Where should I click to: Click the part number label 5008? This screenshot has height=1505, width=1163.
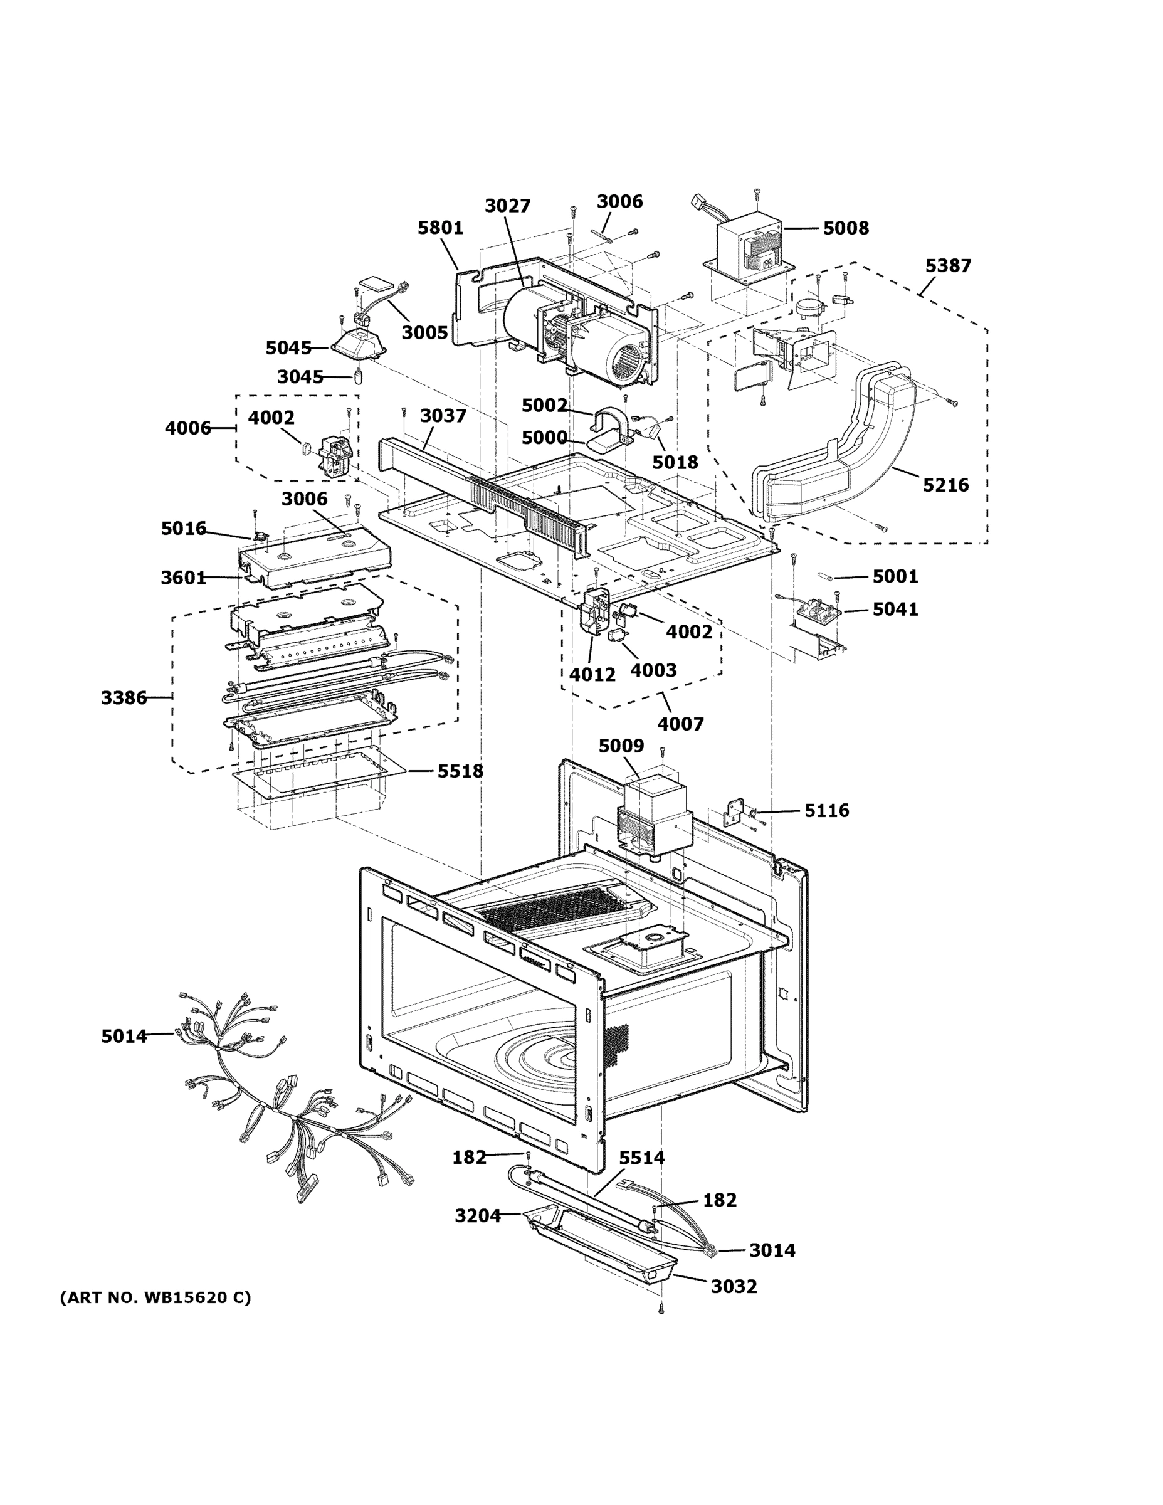pos(845,228)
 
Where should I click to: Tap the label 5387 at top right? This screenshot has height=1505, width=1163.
pos(947,265)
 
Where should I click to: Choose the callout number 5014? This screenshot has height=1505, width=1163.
pos(124,1036)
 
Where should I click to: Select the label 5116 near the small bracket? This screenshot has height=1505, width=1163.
pos(827,810)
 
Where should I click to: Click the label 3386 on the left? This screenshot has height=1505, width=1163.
pos(124,698)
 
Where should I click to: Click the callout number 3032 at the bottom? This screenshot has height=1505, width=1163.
pos(734,1287)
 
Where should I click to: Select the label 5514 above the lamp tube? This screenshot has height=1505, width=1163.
pos(641,1158)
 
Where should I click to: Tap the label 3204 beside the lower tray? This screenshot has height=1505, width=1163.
pos(478,1215)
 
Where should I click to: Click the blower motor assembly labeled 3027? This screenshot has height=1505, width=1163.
pos(579,330)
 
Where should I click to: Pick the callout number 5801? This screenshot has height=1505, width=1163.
pos(440,228)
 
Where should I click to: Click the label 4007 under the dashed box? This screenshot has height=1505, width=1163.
pos(680,724)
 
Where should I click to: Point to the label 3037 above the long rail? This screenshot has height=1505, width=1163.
pos(443,416)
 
